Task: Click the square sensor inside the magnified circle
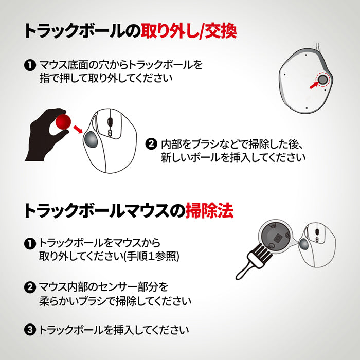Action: click(x=276, y=238)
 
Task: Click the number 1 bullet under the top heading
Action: click(x=29, y=66)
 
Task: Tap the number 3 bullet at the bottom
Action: click(x=30, y=330)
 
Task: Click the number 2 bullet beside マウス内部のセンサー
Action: click(x=30, y=286)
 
